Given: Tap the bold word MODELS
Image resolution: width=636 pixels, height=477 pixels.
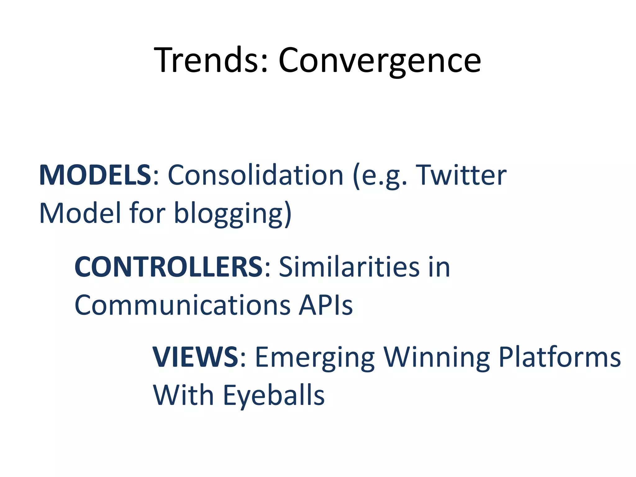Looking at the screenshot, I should coord(95,175).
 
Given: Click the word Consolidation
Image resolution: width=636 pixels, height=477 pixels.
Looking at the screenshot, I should coord(255,175).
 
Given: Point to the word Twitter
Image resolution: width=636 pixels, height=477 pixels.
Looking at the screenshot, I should coord(461,175).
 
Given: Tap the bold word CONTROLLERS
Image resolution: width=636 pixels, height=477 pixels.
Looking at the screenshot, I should coord(169,267).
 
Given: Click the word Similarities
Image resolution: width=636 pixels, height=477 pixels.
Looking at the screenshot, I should coord(349,267).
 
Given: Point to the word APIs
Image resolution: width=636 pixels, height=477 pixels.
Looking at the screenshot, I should coord(326,305).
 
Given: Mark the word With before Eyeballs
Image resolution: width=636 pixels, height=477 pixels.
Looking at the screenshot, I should coord(183,395).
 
